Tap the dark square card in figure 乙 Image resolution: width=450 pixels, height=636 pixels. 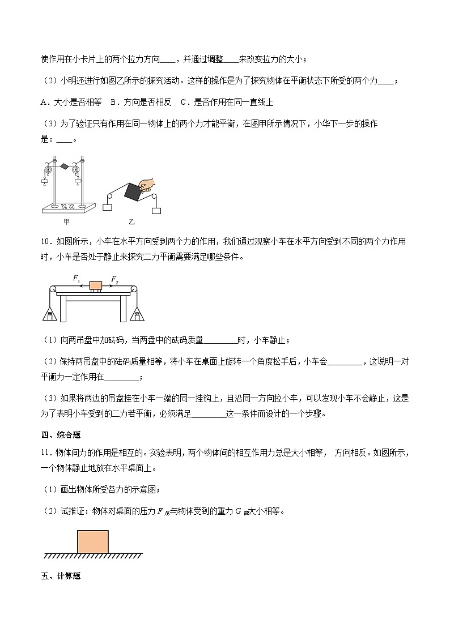(133, 191)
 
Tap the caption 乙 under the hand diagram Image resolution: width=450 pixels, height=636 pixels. (131, 221)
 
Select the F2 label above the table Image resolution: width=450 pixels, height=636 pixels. (114, 279)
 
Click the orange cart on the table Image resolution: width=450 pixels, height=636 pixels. (95, 286)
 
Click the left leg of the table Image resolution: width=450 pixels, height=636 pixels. (63, 309)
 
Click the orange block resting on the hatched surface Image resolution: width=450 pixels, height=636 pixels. (93, 541)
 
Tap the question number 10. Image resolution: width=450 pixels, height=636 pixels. (46, 242)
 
